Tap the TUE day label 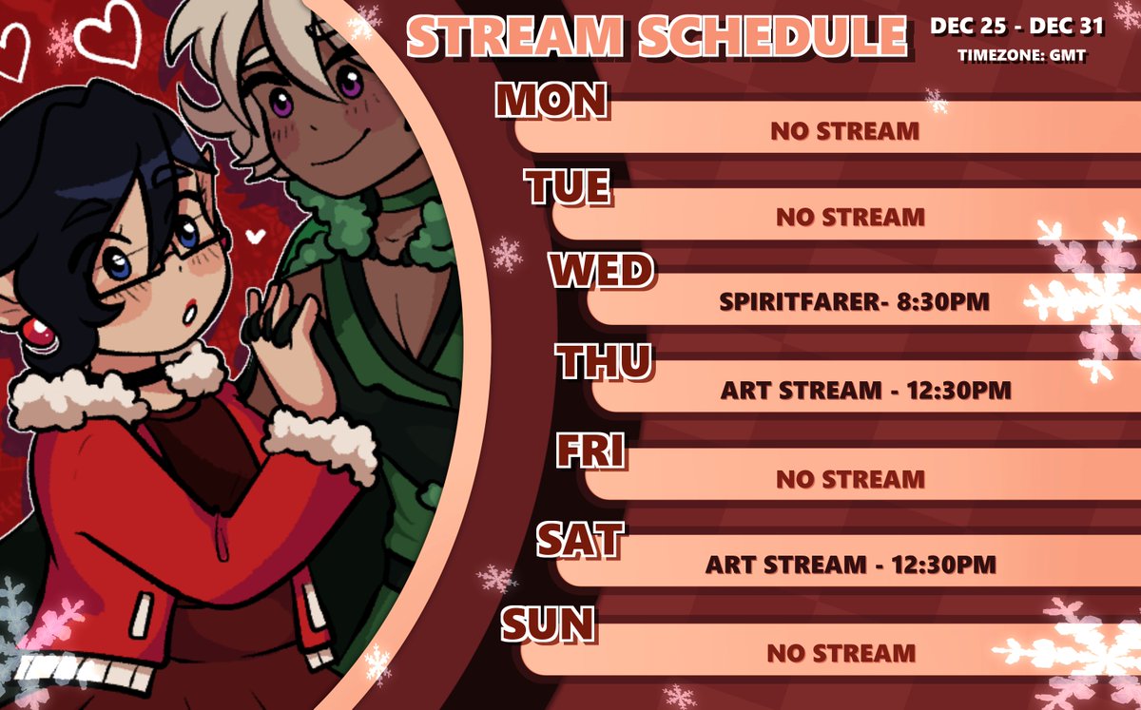click(569, 187)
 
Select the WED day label click(601, 273)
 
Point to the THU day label click(604, 360)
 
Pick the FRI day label click(590, 451)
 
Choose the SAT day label click(579, 539)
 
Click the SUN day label click(549, 624)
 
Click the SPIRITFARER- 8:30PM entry click(855, 302)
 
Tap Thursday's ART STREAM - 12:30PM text click(864, 390)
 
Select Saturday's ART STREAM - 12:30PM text click(850, 565)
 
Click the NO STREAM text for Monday click(844, 131)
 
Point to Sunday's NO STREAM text click(841, 653)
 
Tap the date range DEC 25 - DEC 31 click(1016, 27)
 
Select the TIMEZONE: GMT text click(1022, 56)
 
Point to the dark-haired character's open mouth click(191, 308)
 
